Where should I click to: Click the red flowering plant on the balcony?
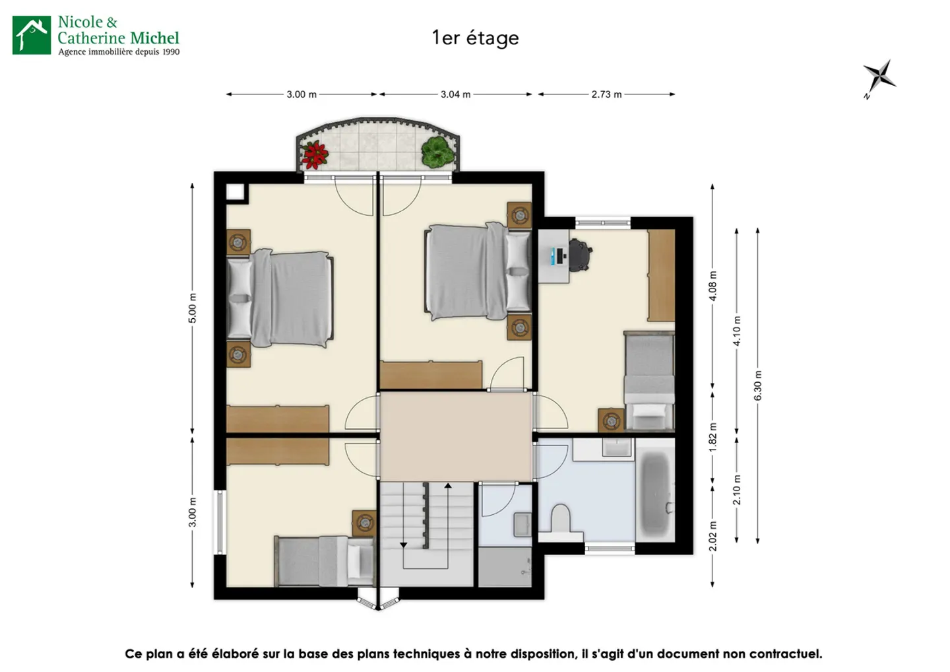coord(314,155)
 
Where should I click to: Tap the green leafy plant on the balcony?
coord(437,151)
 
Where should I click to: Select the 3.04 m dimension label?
coord(455,94)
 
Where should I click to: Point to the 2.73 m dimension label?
coord(606,94)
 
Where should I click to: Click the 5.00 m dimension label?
coord(193,308)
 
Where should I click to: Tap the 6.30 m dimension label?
coord(758,386)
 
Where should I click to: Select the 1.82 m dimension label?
coord(713,437)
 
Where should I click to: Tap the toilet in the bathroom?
coord(561,518)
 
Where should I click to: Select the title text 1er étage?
coord(475,38)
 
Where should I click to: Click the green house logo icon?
coord(32,35)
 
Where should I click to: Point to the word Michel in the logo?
coord(155,38)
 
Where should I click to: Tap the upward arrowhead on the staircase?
coord(448,486)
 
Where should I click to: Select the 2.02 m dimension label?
coord(713,536)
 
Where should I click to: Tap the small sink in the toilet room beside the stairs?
coord(522,524)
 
